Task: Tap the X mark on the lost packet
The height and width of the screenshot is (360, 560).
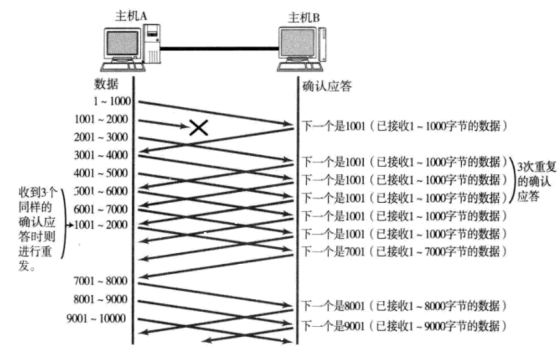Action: click(199, 128)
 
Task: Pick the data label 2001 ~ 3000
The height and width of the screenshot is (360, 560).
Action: click(102, 137)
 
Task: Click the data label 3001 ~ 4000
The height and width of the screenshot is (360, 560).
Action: click(102, 155)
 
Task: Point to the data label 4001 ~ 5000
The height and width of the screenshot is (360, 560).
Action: click(102, 173)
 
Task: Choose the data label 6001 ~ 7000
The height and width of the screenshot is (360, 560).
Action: click(102, 209)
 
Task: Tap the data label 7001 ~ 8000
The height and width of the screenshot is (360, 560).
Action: click(102, 280)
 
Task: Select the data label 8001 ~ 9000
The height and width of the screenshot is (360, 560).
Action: click(102, 299)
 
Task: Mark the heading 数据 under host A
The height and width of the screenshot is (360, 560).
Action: click(105, 84)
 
